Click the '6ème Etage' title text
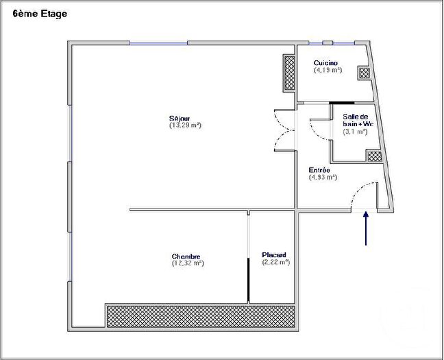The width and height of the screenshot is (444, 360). pyautogui.click(x=40, y=14)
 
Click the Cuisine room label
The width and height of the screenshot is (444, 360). pyautogui.click(x=325, y=62)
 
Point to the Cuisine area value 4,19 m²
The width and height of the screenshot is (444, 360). pyautogui.click(x=328, y=70)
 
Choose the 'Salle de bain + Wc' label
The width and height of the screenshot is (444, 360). pyautogui.click(x=357, y=120)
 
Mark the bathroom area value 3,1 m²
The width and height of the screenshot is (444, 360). pyautogui.click(x=355, y=132)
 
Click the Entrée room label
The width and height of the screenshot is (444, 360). pyautogui.click(x=320, y=169)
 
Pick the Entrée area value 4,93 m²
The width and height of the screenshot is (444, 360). pyautogui.click(x=323, y=177)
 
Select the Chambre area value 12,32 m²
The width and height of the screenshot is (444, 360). pyautogui.click(x=188, y=263)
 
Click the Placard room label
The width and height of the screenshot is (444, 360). pyautogui.click(x=274, y=255)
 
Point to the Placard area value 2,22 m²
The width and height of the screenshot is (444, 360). pyautogui.click(x=275, y=263)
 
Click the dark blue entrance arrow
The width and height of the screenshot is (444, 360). pyautogui.click(x=367, y=228)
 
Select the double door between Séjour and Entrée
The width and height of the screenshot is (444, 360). pyautogui.click(x=283, y=130)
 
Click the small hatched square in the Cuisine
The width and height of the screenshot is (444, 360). pyautogui.click(x=365, y=73)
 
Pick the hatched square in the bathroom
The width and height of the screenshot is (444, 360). pyautogui.click(x=374, y=156)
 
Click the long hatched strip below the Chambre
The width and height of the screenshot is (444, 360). pyautogui.click(x=200, y=315)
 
